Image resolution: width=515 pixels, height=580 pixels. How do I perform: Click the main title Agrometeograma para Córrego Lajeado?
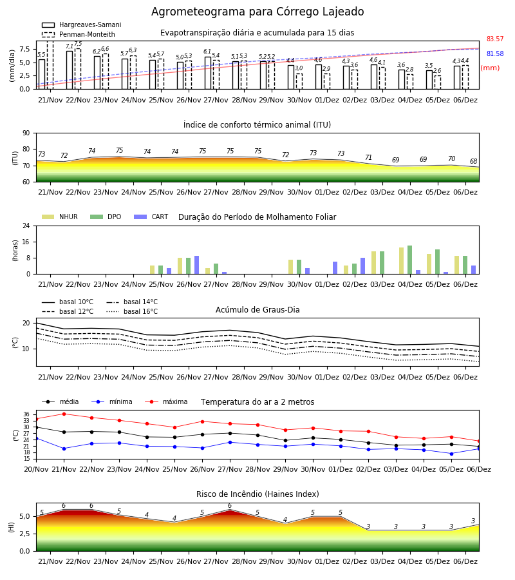coord(257,12)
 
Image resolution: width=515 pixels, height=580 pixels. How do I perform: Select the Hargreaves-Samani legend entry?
coord(82,24)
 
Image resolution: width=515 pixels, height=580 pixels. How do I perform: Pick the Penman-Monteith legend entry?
coord(79,34)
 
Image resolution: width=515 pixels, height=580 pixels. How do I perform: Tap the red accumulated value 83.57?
coord(495,39)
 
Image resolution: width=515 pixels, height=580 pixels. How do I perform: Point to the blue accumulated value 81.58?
coord(495,53)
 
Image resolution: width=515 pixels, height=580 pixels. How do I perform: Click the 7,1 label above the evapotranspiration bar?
coord(69,46)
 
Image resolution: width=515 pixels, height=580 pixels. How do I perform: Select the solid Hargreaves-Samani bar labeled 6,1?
coord(208,73)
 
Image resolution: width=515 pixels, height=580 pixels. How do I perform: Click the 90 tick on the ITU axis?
coord(26,133)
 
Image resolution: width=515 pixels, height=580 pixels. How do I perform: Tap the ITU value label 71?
coord(368,158)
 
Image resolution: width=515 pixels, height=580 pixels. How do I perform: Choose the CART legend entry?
coord(151,217)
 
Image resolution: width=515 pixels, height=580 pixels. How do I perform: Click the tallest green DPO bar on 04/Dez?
coord(409,260)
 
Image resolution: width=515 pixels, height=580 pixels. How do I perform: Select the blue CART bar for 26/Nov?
coord(196,265)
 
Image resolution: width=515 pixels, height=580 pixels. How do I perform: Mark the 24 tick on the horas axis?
coord(26,226)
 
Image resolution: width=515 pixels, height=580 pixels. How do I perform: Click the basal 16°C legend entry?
coord(132,311)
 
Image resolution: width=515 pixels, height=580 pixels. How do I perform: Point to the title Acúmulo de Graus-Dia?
coord(257,310)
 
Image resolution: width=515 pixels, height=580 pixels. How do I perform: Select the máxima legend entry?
coord(166,401)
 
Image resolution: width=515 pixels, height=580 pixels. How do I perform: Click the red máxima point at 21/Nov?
coord(64,414)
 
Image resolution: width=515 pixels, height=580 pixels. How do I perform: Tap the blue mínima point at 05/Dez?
coord(451,454)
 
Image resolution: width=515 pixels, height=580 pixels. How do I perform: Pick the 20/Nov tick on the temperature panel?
coord(36,469)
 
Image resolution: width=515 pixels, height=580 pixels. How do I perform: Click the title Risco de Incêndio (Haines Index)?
coord(257,494)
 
